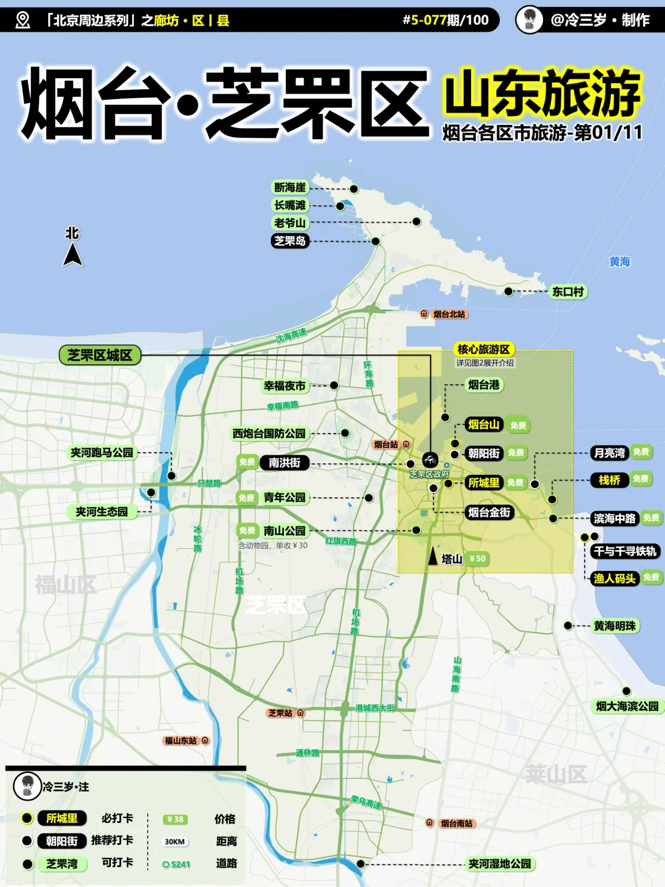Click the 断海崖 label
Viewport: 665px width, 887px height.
(289, 187)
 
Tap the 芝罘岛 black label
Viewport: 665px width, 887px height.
(289, 241)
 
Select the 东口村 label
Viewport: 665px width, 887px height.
(567, 291)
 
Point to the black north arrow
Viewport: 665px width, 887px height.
(73, 254)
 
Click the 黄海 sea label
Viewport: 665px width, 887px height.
(619, 262)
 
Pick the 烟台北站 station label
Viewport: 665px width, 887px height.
(449, 314)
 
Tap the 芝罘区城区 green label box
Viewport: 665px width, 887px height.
(100, 355)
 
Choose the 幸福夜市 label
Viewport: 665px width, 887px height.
(284, 386)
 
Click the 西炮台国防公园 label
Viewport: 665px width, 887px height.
(269, 434)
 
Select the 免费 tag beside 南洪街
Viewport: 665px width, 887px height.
(247, 462)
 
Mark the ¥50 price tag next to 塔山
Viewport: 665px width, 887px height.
(477, 559)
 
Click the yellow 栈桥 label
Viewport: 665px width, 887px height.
(610, 480)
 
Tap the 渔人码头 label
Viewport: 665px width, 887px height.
(615, 578)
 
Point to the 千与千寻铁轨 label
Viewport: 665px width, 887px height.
(625, 551)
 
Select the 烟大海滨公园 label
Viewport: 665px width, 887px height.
(627, 706)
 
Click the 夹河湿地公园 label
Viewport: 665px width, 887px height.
(499, 864)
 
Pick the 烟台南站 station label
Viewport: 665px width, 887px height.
(456, 824)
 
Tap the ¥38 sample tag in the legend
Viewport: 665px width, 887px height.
(175, 819)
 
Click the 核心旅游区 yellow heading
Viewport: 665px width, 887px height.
(483, 349)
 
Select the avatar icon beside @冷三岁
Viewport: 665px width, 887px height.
(529, 20)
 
